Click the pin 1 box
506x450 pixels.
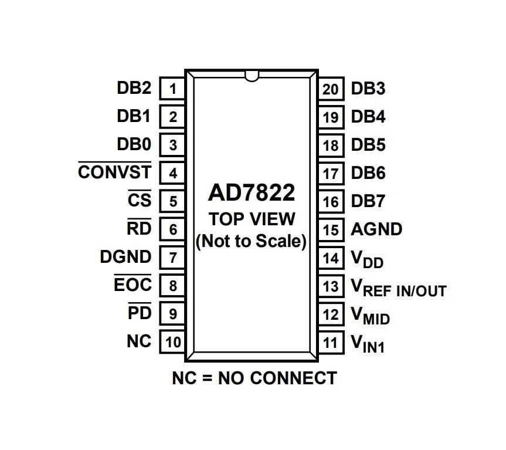coord(172,89)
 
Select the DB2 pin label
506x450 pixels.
coord(134,89)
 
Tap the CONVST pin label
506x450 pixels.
coord(114,172)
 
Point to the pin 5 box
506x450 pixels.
coord(172,201)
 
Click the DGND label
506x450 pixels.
coord(125,256)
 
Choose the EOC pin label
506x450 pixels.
coord(133,285)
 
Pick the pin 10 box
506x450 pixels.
coord(172,342)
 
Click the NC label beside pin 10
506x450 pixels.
coord(138,341)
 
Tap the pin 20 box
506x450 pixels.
coord(331,89)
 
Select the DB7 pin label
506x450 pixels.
coord(368,201)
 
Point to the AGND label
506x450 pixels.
coord(376,229)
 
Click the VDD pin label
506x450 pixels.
coord(367,259)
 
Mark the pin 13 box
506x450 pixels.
coord(331,286)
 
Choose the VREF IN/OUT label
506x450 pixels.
coord(398,287)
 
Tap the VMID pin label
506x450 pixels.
coord(370,316)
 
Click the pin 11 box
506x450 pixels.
coord(331,342)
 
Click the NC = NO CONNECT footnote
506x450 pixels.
coord(254,378)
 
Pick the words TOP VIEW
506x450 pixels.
coord(252,219)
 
